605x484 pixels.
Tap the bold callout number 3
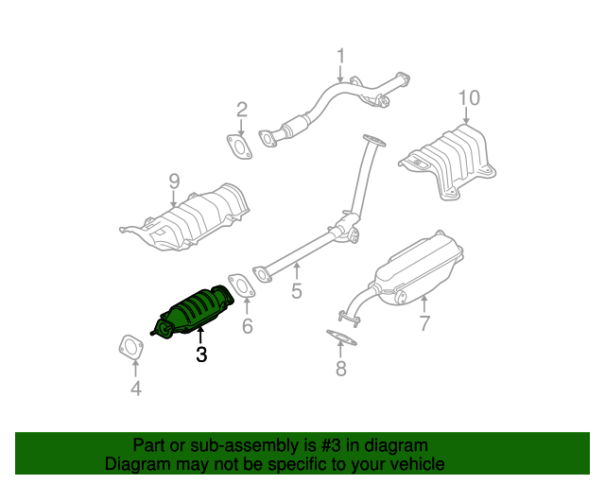pos(200,355)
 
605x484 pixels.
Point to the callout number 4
pos(135,389)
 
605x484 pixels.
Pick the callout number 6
pos(247,327)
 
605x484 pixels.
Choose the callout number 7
pos(424,323)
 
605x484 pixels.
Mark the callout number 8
pos(340,369)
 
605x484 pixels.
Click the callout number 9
pos(174,180)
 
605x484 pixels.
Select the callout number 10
pos(469,97)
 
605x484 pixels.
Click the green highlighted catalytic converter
pos(194,309)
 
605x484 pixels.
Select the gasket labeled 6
pos(240,285)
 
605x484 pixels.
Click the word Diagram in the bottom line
pos(135,464)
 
